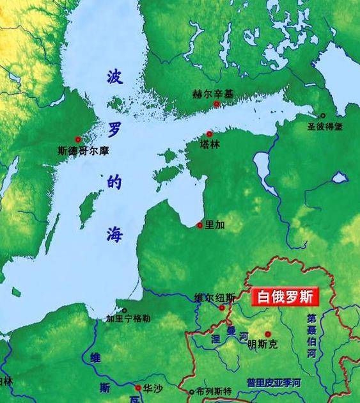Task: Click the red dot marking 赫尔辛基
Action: click(217, 104)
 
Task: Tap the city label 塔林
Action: click(210, 145)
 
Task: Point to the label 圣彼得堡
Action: click(325, 127)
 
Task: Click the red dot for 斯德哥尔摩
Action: click(78, 139)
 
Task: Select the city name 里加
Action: click(215, 225)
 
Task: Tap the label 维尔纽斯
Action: click(214, 297)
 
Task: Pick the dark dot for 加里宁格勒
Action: click(125, 310)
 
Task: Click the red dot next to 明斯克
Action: click(268, 334)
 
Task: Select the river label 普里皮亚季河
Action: click(274, 383)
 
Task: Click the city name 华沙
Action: click(152, 388)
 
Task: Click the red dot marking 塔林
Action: click(209, 134)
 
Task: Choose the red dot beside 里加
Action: click(200, 225)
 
